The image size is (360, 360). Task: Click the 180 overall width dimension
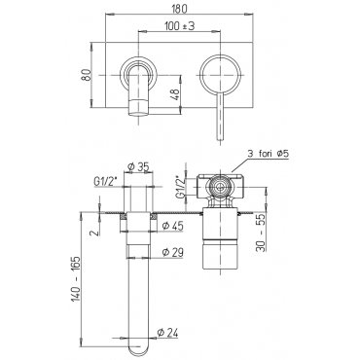coord(179,9)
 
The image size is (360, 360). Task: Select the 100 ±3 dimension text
coord(179,26)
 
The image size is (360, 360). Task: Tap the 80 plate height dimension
coord(86,75)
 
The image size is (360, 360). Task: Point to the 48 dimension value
coord(175,94)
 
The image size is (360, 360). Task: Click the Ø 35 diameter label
coord(138,167)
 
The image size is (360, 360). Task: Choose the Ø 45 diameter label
coord(173,225)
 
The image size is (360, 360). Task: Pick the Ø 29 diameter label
coord(173,252)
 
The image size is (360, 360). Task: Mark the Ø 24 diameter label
coord(167,333)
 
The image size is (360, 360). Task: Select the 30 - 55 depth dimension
coord(261,233)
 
